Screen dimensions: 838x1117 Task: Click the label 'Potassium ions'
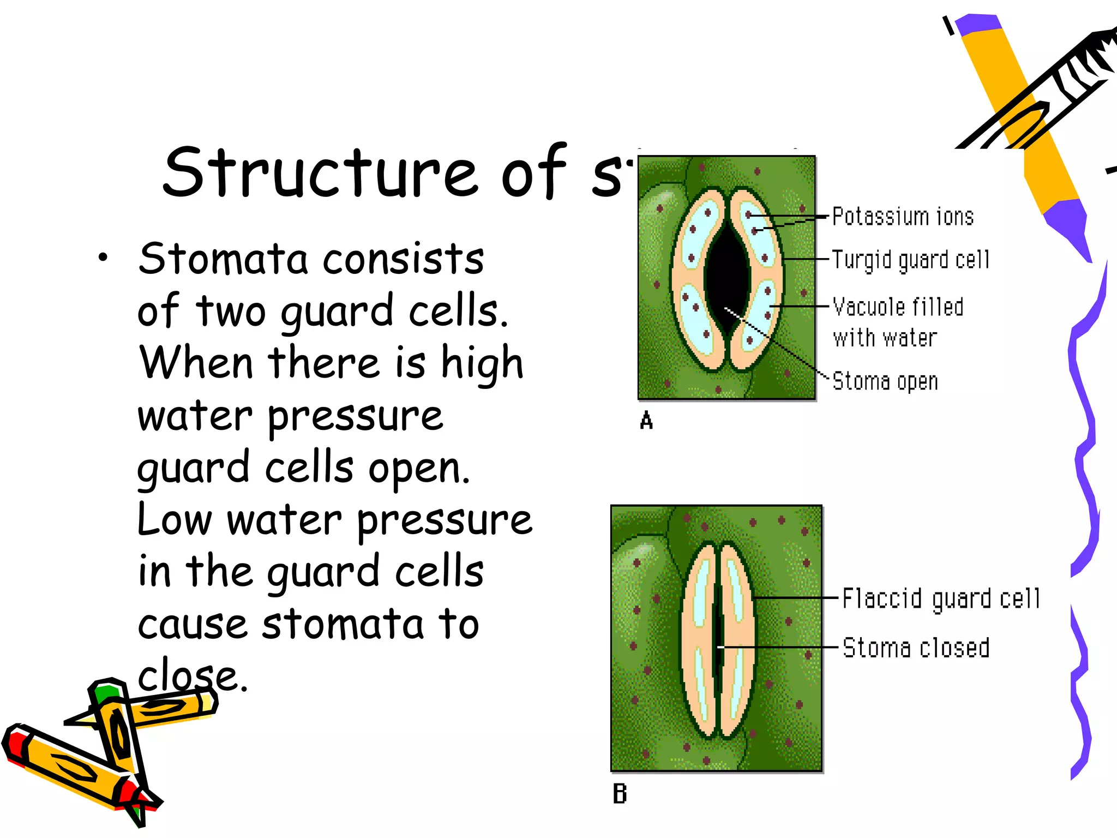[903, 217]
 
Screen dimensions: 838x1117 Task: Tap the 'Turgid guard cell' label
[910, 260]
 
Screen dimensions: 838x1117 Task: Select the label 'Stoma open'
[885, 381]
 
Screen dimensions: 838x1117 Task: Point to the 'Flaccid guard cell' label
[941, 598]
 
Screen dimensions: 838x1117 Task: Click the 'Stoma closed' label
[916, 648]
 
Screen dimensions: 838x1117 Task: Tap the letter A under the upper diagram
[646, 421]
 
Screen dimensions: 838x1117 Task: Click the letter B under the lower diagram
[620, 794]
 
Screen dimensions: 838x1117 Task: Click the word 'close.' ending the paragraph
[193, 677]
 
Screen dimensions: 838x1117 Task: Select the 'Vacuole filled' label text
[898, 307]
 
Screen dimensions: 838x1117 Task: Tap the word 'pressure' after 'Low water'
[445, 520]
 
